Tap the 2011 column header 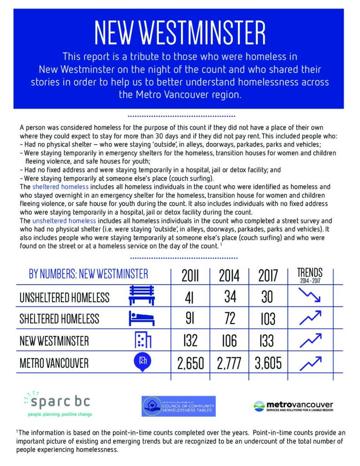coord(190,276)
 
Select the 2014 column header coord(229,276)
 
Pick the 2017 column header coord(268,276)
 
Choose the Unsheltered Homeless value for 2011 coord(190,298)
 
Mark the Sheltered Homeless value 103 coord(268,319)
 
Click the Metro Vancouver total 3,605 coord(268,363)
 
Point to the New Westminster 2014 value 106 coord(229,341)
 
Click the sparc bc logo coord(57,403)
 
